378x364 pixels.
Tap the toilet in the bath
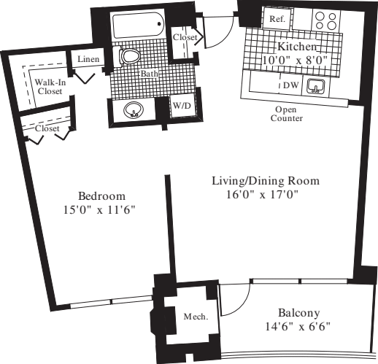click(131, 57)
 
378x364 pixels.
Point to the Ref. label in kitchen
click(277, 19)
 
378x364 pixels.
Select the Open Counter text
click(285, 113)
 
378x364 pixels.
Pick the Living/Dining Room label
click(266, 180)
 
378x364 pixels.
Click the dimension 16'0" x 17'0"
click(263, 195)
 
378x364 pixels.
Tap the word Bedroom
click(101, 196)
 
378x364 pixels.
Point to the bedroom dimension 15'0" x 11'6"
click(101, 210)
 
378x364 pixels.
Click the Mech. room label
click(193, 316)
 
